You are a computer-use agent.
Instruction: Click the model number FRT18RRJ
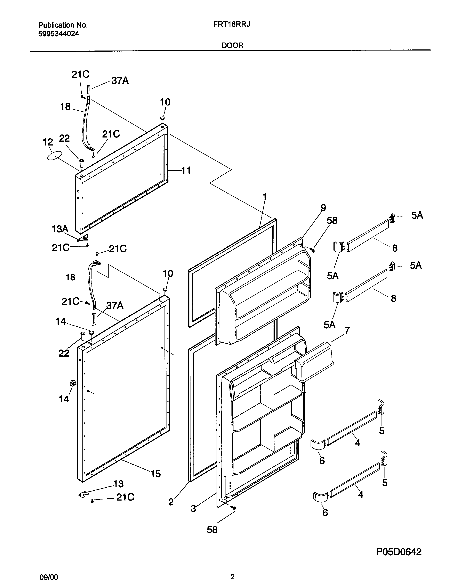click(x=231, y=25)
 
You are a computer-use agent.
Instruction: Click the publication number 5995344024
click(x=58, y=34)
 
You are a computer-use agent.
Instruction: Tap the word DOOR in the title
click(x=232, y=45)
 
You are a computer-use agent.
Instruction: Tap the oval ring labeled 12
click(x=55, y=156)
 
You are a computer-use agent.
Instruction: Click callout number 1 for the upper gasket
click(x=265, y=197)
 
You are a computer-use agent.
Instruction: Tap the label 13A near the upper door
click(x=60, y=229)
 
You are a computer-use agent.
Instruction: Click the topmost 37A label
click(x=120, y=80)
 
